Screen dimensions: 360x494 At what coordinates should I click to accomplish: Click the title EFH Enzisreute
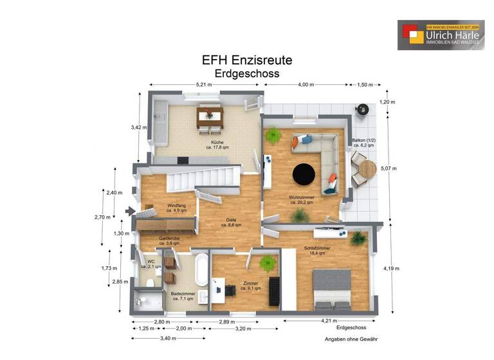[247, 60]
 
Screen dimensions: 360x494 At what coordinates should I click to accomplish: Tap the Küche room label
[217, 144]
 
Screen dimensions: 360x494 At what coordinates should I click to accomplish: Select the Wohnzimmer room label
[300, 199]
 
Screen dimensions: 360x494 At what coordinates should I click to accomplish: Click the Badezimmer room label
[183, 295]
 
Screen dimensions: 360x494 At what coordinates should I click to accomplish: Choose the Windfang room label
[176, 207]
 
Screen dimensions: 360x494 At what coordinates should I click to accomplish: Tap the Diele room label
[231, 222]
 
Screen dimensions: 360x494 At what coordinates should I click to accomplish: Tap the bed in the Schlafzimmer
[332, 287]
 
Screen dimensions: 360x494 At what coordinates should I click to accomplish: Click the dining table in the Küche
[209, 116]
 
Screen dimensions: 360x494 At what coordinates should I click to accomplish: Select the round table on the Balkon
[367, 169]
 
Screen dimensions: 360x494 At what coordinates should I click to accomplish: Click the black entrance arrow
[131, 211]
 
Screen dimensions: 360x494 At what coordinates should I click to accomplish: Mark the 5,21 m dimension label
[204, 85]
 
